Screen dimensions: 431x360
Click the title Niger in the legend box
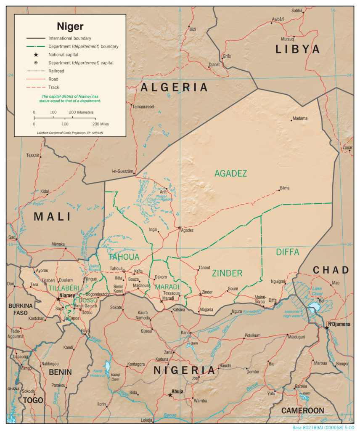[x=70, y=27]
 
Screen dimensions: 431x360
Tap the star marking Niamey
[x=58, y=299]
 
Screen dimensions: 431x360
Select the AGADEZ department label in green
[x=230, y=173]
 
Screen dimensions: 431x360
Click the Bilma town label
[x=285, y=188]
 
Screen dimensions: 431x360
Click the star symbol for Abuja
[x=170, y=395]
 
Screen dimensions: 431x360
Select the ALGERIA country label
[x=174, y=88]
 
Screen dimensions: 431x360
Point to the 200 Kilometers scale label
[x=81, y=112]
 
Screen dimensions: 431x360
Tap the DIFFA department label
[x=288, y=252]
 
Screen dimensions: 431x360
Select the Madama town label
[x=300, y=118]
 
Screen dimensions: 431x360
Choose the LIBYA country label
[x=298, y=49]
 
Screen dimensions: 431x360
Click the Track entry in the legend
[x=53, y=87]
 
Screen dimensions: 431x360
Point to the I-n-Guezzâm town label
[x=122, y=171]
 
